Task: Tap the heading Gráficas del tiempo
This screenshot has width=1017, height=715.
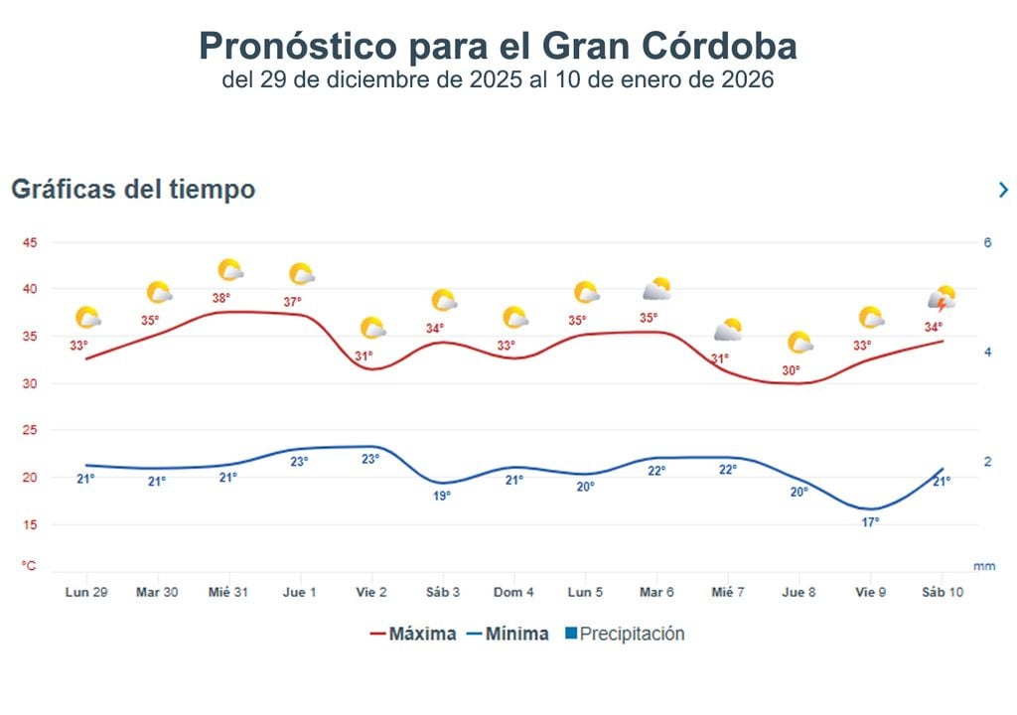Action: [133, 189]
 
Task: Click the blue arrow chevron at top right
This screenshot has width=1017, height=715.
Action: [1003, 190]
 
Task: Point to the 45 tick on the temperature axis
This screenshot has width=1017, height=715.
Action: [30, 243]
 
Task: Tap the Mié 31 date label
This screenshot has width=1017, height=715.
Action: [228, 592]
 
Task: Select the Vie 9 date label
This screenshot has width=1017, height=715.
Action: [870, 592]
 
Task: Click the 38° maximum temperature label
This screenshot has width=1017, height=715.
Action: [220, 298]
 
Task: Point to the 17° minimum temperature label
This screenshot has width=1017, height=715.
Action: [870, 521]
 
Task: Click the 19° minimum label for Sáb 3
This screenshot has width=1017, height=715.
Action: [442, 495]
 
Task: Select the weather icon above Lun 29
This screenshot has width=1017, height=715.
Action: [87, 318]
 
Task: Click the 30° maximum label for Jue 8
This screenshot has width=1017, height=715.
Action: [791, 370]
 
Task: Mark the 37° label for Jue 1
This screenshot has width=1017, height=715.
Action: [292, 302]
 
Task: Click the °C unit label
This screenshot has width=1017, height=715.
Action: [30, 565]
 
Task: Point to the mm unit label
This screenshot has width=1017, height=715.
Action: [983, 566]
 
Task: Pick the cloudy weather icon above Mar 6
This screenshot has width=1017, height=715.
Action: [656, 290]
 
